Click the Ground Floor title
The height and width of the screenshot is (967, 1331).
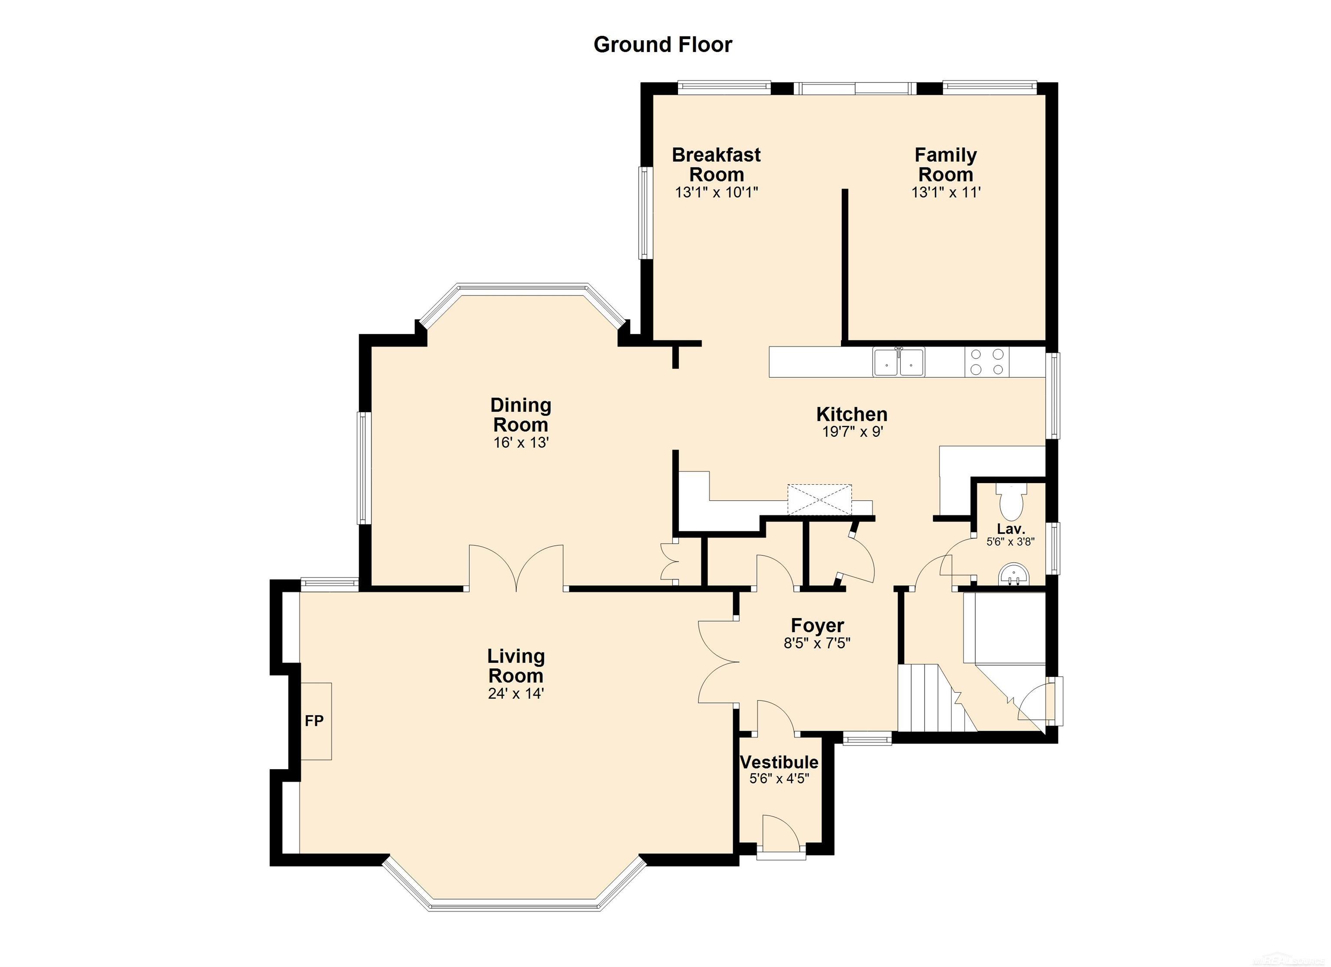[x=662, y=45]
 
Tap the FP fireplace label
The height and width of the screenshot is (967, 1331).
[x=315, y=721]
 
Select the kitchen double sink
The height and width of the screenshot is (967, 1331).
[x=899, y=361]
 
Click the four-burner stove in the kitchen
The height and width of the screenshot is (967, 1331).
[x=987, y=361]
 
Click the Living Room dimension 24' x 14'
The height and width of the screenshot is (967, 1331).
[x=516, y=694]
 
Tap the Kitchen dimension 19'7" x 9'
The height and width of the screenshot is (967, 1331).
[x=852, y=432]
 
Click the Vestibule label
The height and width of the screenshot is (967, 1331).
[x=779, y=762]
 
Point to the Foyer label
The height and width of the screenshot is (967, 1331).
[x=817, y=625]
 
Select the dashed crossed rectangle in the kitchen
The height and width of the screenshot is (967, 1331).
[x=819, y=500]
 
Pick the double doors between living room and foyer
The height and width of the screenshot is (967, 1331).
[x=717, y=662]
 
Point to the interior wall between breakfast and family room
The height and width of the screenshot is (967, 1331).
[x=845, y=264]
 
